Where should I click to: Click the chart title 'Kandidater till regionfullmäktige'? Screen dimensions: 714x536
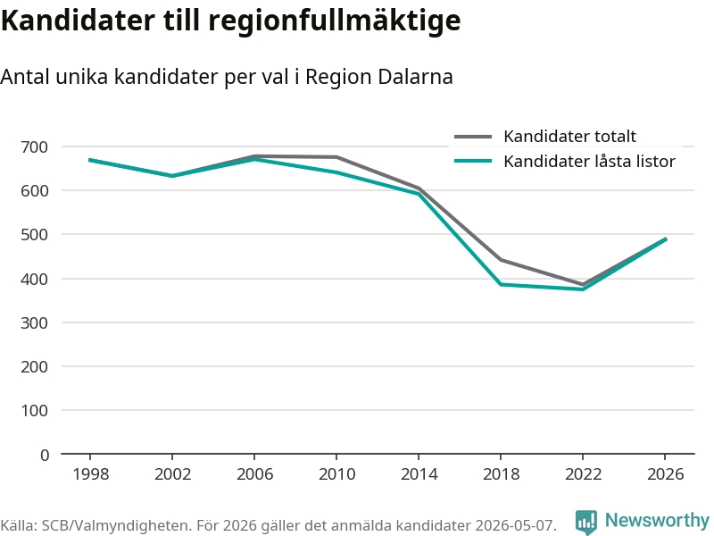pos(230,21)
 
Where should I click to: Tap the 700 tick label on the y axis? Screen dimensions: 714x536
pos(34,147)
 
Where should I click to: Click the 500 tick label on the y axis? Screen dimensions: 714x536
pos(34,235)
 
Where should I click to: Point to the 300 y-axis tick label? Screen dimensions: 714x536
pos(34,323)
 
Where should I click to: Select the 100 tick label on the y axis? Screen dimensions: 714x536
pos(34,411)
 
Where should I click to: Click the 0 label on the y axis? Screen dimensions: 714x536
pos(44,455)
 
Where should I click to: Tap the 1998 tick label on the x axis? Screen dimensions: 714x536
pos(91,474)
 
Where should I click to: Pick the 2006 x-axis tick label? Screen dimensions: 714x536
pos(254,474)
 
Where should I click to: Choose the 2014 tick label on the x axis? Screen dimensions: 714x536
pos(419,474)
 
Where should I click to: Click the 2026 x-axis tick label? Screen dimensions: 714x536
pos(665,474)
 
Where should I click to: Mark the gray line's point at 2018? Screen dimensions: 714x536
pos(501,260)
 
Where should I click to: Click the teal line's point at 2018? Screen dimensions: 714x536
pos(501,284)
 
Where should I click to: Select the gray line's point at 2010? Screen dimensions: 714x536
pos(336,157)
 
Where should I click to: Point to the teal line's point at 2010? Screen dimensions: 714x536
pos(336,172)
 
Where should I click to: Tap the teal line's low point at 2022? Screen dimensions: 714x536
pos(584,289)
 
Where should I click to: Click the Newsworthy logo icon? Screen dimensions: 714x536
pos(586,522)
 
